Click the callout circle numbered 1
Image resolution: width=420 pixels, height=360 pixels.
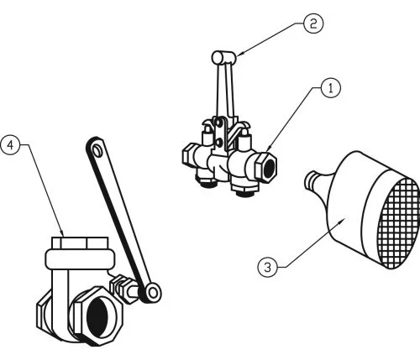point(331,88)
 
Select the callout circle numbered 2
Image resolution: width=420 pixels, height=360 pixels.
point(313,23)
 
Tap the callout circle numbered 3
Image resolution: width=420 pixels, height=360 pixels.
point(268,268)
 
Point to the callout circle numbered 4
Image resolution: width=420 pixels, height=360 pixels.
point(11,144)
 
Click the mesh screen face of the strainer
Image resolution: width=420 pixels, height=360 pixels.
point(400,223)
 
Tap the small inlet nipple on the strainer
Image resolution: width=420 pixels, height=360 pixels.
point(312,180)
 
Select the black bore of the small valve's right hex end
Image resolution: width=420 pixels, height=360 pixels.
point(269,169)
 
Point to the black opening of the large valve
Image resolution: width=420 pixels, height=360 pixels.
point(98,317)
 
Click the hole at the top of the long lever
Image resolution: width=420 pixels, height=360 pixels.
point(97,150)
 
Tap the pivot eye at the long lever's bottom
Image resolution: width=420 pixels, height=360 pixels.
point(152,293)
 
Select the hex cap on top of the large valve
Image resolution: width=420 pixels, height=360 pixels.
point(80,243)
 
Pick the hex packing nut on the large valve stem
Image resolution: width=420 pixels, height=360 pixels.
point(120,288)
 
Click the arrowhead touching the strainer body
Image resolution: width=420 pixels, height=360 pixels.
point(342,222)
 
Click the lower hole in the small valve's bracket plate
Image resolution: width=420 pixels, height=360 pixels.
point(218,143)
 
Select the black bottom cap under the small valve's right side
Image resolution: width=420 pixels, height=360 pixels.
point(245,193)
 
